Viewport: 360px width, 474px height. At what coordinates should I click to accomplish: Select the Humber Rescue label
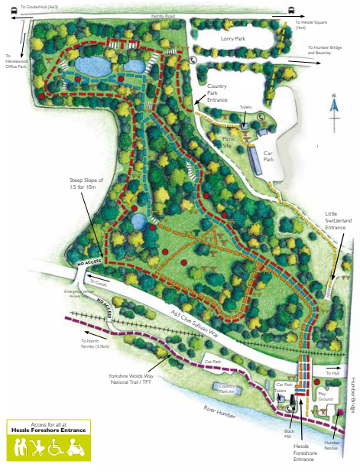[x=332, y=446]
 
